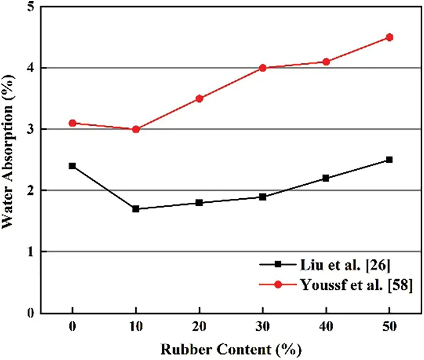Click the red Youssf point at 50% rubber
(389, 37)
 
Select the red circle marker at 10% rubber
(135, 129)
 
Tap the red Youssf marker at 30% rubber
(262, 68)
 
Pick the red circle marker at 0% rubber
(72, 123)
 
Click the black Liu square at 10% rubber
(135, 209)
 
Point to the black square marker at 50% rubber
(389, 160)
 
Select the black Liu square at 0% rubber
(72, 166)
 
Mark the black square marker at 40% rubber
(326, 178)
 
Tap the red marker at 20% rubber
(199, 98)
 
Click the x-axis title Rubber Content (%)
(230, 349)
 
